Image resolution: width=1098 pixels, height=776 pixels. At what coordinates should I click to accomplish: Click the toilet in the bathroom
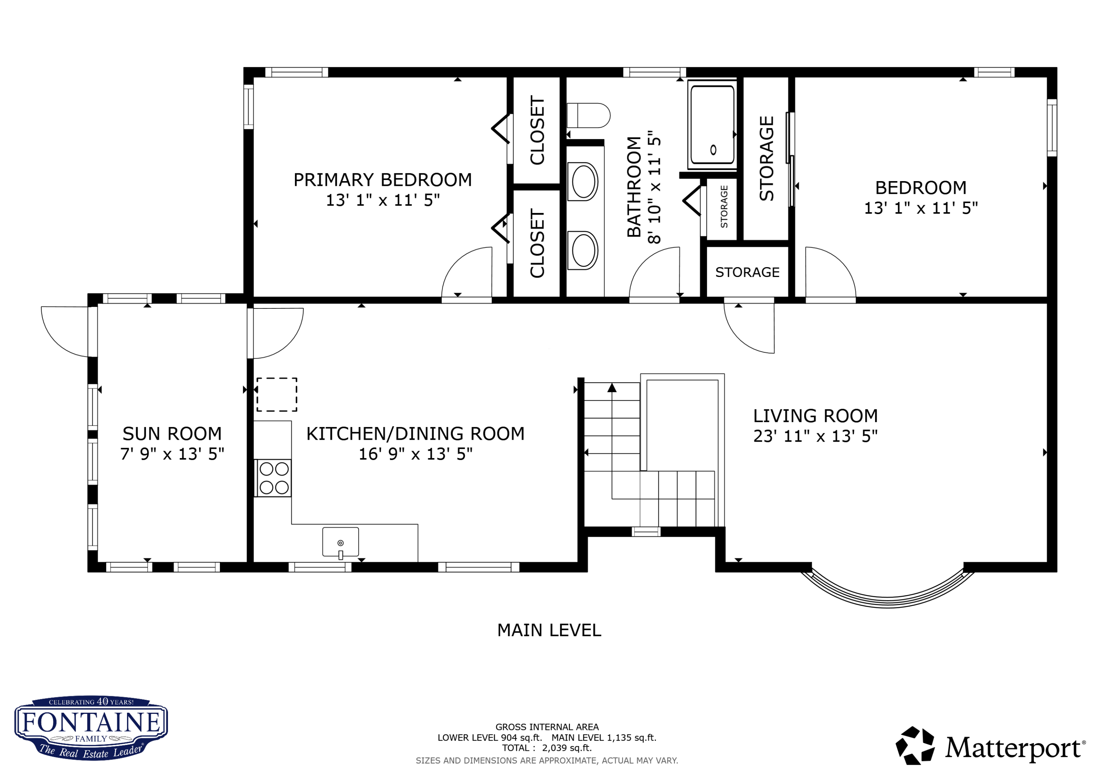tap(588, 116)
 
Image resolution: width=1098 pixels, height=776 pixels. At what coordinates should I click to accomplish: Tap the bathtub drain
tap(713, 150)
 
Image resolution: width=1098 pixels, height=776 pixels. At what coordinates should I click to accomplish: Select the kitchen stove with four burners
tap(273, 478)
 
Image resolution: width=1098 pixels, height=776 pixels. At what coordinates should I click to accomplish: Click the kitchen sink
tap(340, 542)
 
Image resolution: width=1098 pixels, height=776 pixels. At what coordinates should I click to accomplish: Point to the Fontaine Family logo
tap(91, 728)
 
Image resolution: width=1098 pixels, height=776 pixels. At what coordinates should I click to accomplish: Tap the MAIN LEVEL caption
tap(549, 630)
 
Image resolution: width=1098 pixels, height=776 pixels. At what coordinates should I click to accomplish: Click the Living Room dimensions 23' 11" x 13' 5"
tap(815, 436)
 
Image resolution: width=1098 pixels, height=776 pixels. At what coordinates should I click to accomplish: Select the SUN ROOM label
tap(172, 434)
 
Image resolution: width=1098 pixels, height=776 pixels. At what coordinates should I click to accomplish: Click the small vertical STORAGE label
tap(724, 207)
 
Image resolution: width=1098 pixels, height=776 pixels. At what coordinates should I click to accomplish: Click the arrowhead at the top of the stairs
tap(612, 388)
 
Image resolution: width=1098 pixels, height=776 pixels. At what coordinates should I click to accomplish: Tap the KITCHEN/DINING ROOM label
tap(415, 434)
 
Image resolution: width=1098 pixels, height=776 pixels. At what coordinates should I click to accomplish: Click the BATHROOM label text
tap(634, 187)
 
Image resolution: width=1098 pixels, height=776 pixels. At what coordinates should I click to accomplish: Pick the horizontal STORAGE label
tap(747, 272)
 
